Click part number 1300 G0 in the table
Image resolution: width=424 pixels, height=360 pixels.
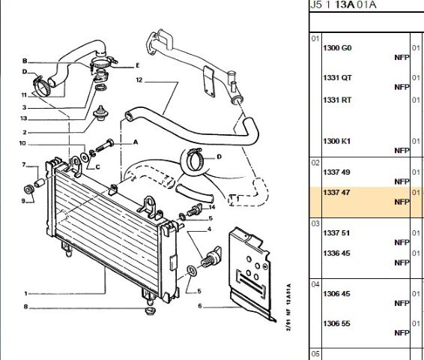[x=337, y=48]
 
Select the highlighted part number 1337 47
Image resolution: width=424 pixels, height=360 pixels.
[x=336, y=193]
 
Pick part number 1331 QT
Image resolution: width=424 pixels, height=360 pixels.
[x=337, y=78]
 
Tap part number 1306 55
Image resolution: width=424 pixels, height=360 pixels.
[x=336, y=323]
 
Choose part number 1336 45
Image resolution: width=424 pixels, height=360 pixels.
[x=336, y=253]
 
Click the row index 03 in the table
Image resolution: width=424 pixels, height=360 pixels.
[x=315, y=223]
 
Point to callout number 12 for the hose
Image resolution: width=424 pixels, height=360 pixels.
[x=139, y=80]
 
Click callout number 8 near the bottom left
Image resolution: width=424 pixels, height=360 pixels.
[x=25, y=307]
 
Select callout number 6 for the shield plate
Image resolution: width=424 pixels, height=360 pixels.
[x=200, y=306]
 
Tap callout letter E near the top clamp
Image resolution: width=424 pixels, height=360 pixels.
[x=138, y=65]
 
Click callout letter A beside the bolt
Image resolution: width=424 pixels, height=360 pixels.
[x=136, y=142]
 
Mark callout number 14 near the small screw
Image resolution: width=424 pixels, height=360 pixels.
[x=212, y=207]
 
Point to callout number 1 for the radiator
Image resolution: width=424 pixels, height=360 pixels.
[x=25, y=293]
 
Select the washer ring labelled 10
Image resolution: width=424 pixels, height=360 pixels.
[x=85, y=157]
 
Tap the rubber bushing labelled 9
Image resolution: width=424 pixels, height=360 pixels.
[x=28, y=189]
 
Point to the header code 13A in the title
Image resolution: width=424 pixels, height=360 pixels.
[x=345, y=4]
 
